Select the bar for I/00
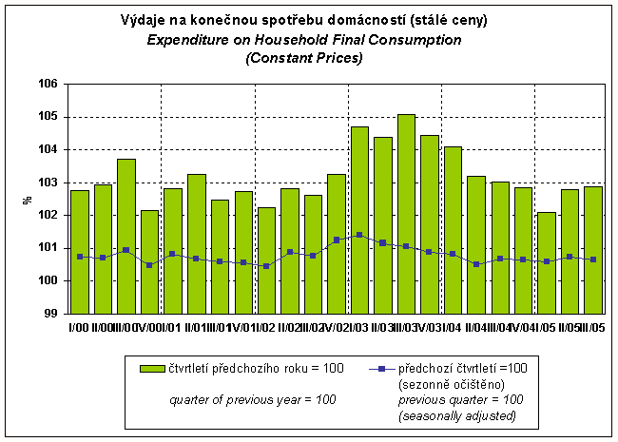pyautogui.click(x=80, y=252)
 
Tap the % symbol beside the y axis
pyautogui.click(x=28, y=200)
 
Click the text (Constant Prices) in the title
pyautogui.click(x=303, y=58)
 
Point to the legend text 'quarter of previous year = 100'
pyautogui.click(x=253, y=400)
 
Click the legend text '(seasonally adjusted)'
pyautogui.click(x=457, y=414)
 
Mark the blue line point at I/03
pyautogui.click(x=359, y=235)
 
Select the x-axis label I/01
pyautogui.click(x=174, y=328)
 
